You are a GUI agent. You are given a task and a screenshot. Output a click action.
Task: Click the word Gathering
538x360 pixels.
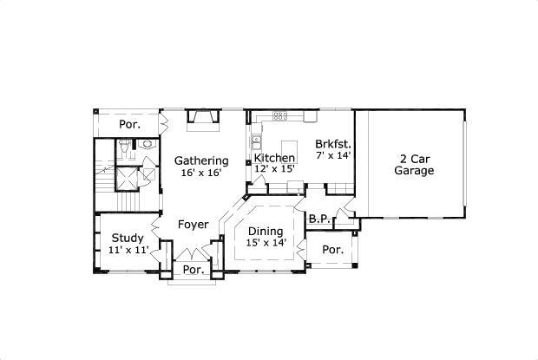click(201, 160)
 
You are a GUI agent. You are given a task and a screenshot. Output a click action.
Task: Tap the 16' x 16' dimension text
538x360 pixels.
click(201, 173)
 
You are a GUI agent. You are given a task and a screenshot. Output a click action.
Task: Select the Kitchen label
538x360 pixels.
click(274, 158)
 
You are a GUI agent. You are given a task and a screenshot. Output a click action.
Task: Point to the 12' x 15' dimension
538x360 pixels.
click(274, 169)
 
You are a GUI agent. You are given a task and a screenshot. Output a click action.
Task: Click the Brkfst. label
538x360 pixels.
click(331, 144)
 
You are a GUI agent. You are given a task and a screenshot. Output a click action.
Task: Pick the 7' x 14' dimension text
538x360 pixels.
click(331, 156)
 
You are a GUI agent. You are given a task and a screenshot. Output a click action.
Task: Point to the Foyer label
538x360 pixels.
click(193, 225)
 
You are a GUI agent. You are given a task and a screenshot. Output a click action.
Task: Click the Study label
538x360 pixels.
click(128, 238)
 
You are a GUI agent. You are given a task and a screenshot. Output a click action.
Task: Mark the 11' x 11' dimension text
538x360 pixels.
click(128, 250)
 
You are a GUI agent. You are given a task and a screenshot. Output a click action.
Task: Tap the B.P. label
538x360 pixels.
click(318, 219)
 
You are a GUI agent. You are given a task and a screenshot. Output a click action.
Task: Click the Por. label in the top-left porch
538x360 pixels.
click(129, 125)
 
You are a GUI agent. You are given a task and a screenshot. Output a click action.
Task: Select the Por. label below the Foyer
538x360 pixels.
click(193, 270)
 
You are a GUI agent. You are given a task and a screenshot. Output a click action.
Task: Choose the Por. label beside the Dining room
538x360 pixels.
click(332, 250)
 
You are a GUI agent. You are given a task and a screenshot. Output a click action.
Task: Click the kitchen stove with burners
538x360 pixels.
click(279, 115)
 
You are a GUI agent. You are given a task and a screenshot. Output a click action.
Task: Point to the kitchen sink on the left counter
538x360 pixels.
click(257, 141)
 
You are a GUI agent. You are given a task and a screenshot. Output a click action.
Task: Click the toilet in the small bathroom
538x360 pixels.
click(147, 145)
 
